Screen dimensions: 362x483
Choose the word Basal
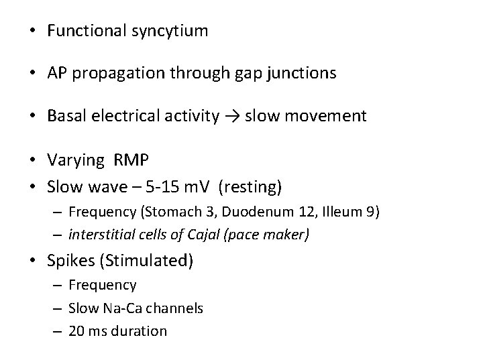point(65,116)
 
